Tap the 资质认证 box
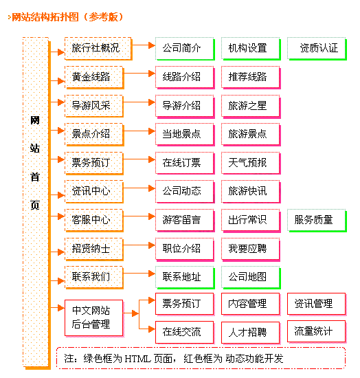pos(317,48)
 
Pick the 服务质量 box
pos(315,220)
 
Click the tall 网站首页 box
pos(35,201)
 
